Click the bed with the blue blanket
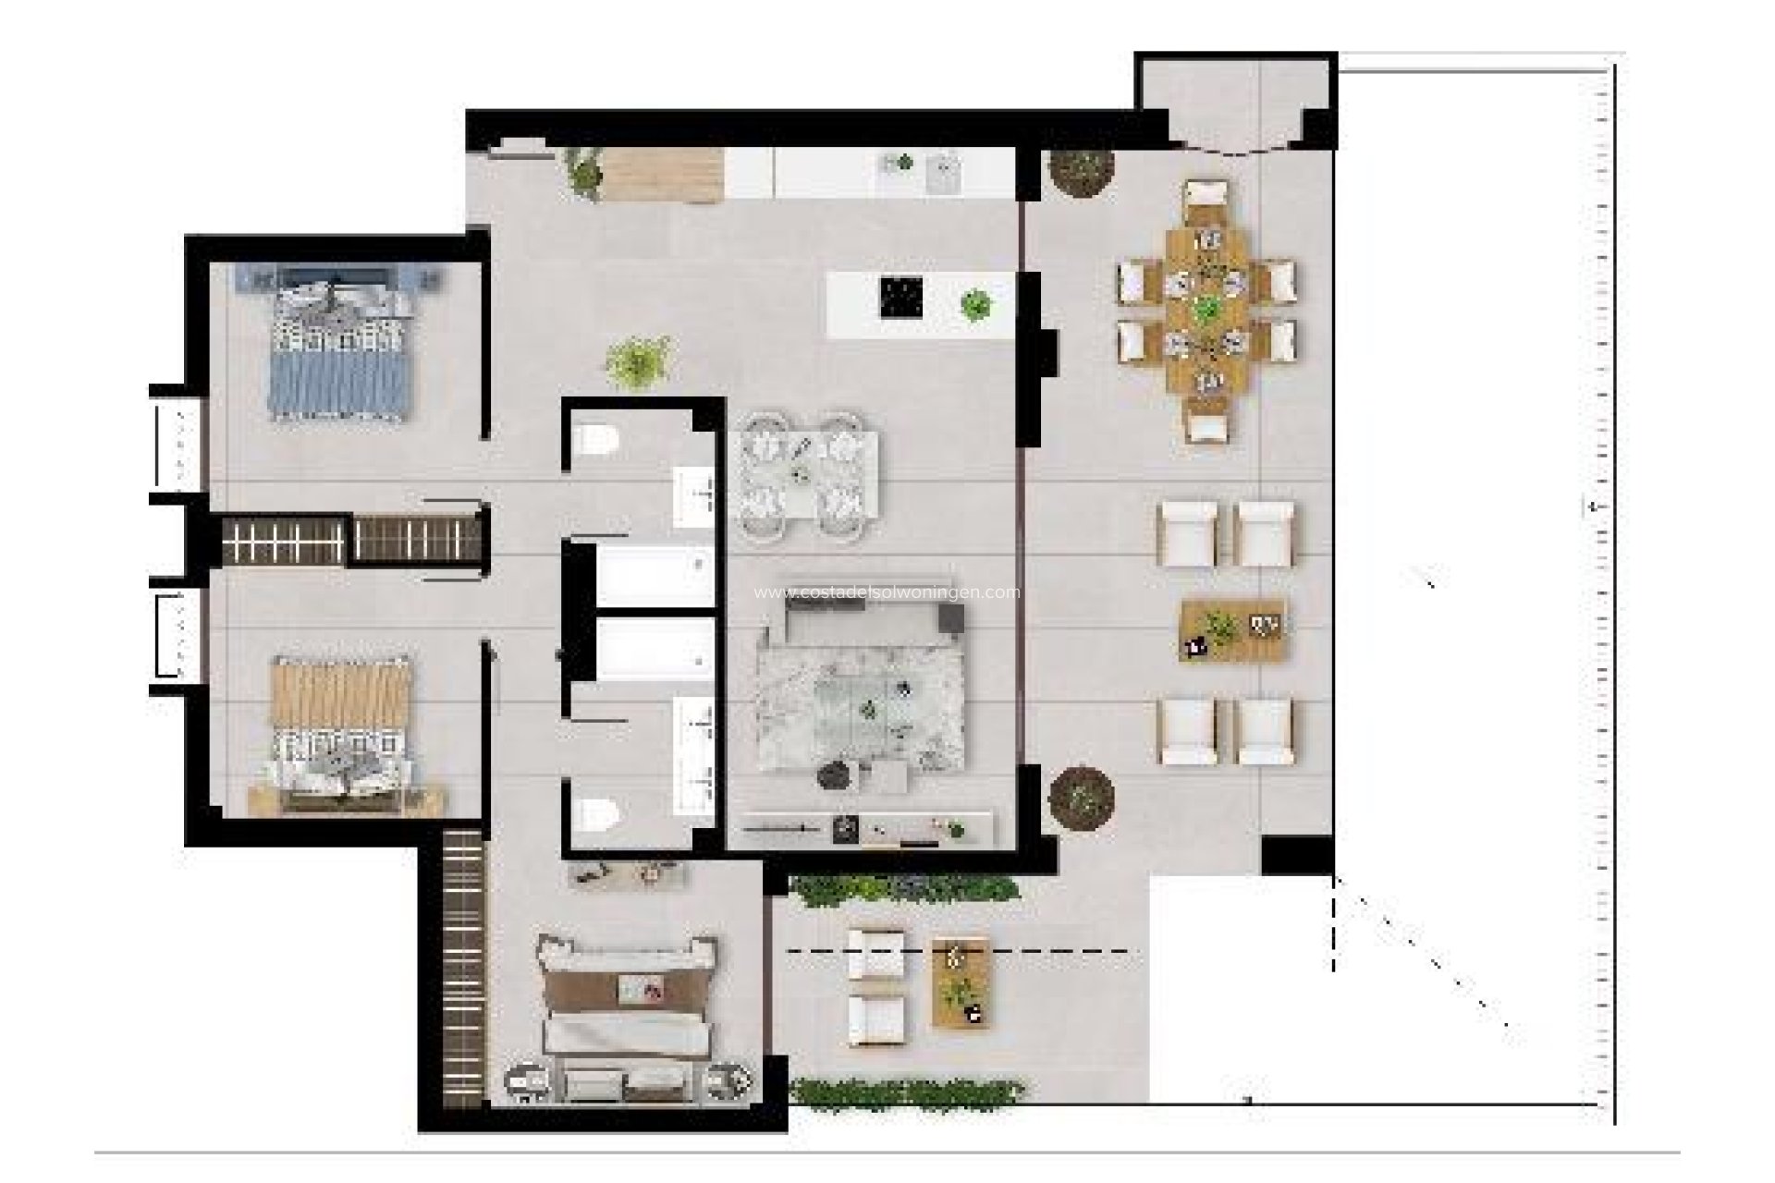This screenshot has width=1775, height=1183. click(x=338, y=351)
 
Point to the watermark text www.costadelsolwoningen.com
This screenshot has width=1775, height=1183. click(x=887, y=592)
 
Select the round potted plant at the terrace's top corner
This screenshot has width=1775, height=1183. click(x=1080, y=170)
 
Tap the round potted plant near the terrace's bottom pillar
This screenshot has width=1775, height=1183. click(x=1082, y=797)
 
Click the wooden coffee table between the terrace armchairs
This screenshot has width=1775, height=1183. click(x=1233, y=630)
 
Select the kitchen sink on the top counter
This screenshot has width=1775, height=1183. click(x=943, y=172)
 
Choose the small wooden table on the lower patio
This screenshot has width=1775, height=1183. click(x=961, y=982)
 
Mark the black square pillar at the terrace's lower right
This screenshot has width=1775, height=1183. click(x=1297, y=856)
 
